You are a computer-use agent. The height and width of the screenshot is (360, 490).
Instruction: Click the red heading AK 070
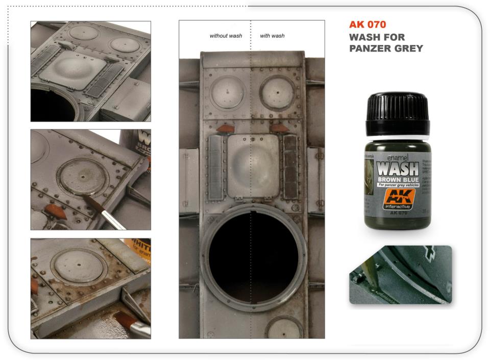(367, 25)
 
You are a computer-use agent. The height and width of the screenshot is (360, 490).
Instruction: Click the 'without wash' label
(226, 36)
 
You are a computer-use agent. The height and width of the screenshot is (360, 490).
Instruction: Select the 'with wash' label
(272, 36)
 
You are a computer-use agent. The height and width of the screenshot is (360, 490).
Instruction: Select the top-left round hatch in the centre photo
(225, 92)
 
